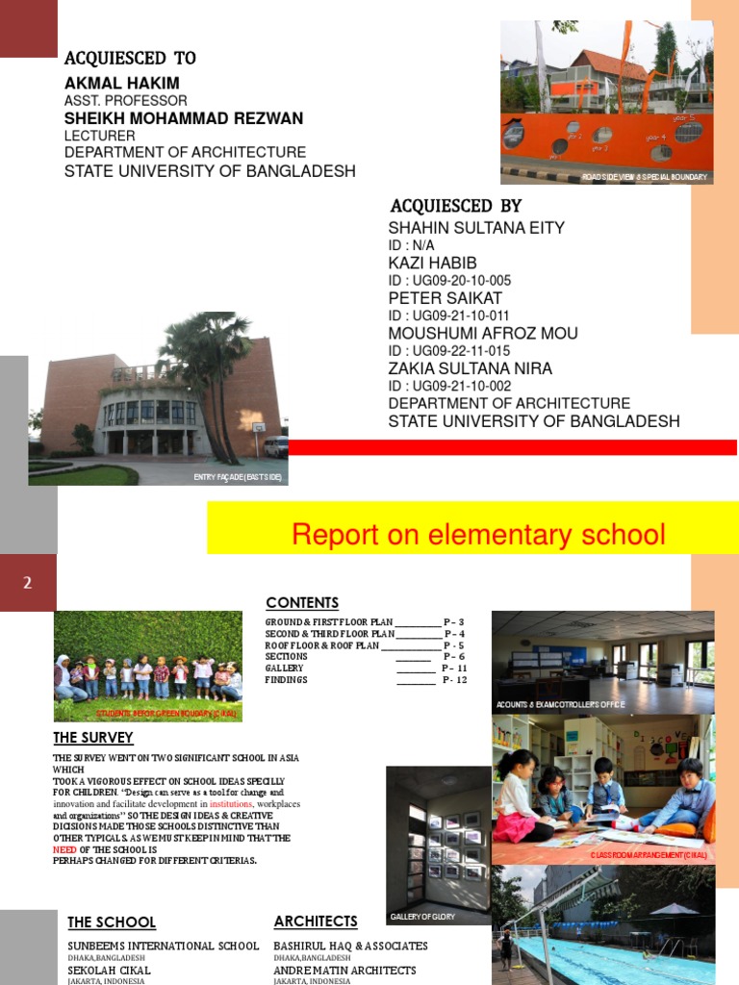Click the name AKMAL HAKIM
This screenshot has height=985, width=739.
121,83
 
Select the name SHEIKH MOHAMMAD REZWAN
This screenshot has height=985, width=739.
183,118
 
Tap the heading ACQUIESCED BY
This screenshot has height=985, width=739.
455,206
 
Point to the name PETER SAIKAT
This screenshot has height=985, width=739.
445,298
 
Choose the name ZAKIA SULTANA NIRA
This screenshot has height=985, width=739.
470,368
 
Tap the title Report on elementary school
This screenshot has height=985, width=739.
478,534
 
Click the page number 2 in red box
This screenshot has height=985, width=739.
28,582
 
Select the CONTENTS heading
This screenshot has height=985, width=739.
302,603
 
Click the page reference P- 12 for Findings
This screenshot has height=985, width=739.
453,680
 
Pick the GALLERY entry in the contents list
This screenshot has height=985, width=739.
284,668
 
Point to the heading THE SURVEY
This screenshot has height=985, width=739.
92,738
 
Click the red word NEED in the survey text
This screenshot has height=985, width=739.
64,849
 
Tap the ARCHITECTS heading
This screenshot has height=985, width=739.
315,922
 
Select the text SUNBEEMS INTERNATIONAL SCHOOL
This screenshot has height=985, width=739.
163,947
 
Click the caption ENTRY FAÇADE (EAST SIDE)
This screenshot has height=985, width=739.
239,477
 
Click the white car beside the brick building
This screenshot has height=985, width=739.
275,446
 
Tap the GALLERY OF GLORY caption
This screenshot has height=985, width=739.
422,917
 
